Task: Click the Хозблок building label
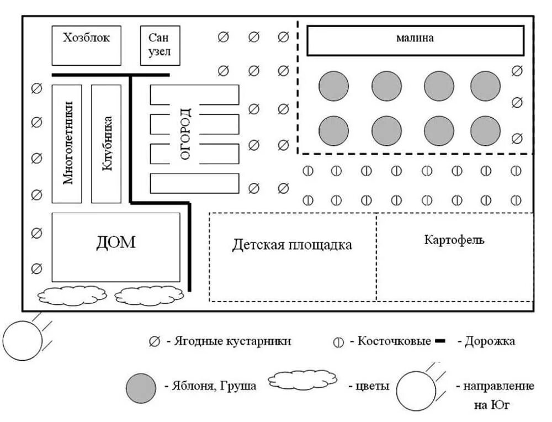coord(86,38)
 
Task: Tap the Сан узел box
coord(160,45)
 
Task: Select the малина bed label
coord(415,39)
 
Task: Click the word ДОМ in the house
coord(116,242)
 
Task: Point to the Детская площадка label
coord(292,244)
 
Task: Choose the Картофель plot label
coord(454,240)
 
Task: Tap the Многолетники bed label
coord(68,144)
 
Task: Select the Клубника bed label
coord(107,143)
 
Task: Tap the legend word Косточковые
coord(394,341)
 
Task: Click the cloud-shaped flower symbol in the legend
coord(302,380)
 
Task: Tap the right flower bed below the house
coord(149,296)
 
